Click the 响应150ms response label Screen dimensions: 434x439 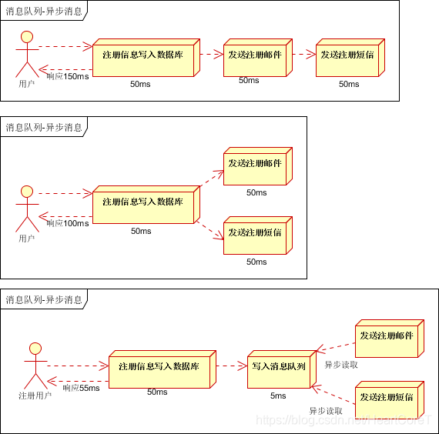click(x=68, y=76)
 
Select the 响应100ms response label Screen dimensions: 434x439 click(x=68, y=223)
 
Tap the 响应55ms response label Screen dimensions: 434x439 click(x=82, y=388)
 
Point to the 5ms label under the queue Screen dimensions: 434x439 click(x=278, y=396)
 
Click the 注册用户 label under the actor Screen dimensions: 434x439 click(x=35, y=396)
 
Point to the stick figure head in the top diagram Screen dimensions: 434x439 click(x=28, y=36)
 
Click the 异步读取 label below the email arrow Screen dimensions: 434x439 click(x=341, y=365)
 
